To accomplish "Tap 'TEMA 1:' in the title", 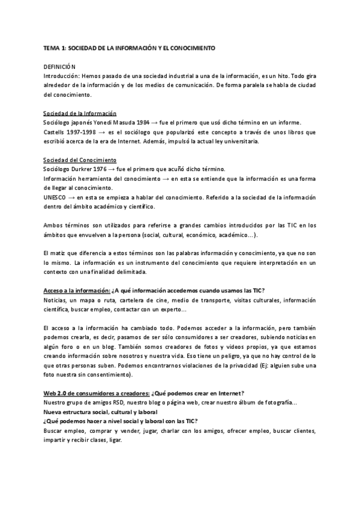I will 56,46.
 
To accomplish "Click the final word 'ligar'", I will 114,439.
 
